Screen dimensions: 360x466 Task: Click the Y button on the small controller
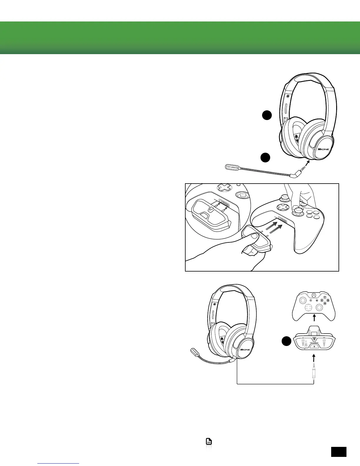pyautogui.click(x=324, y=297)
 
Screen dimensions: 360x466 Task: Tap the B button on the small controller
pyautogui.click(x=328, y=300)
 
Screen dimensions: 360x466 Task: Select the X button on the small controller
pyautogui.click(x=321, y=300)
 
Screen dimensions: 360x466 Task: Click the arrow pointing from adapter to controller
pyautogui.click(x=314, y=318)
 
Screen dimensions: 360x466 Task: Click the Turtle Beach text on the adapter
pyautogui.click(x=314, y=343)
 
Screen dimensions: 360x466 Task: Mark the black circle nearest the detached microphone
pyautogui.click(x=266, y=158)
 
